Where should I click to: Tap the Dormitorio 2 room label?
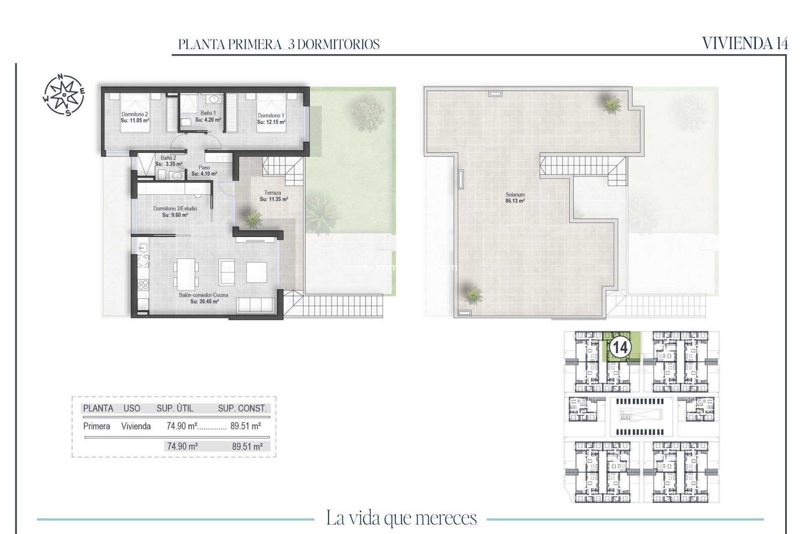[134, 114]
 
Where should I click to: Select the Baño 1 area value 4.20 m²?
[208, 120]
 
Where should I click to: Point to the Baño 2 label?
[168, 158]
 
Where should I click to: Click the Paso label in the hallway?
[204, 168]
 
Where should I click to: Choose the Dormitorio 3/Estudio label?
[175, 209]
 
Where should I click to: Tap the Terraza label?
[272, 193]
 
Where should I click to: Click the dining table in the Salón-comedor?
[186, 274]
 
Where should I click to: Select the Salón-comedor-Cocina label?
[204, 295]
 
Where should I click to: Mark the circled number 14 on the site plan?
[620, 347]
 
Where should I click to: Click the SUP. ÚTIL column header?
[175, 408]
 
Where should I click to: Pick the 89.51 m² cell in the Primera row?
[245, 426]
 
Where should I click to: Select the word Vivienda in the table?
[136, 426]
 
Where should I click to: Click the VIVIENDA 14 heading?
[745, 43]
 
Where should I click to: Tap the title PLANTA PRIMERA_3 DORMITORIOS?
[279, 44]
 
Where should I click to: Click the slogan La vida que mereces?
[401, 518]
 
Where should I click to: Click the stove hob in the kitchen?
[143, 285]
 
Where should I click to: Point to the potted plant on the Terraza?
[253, 218]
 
